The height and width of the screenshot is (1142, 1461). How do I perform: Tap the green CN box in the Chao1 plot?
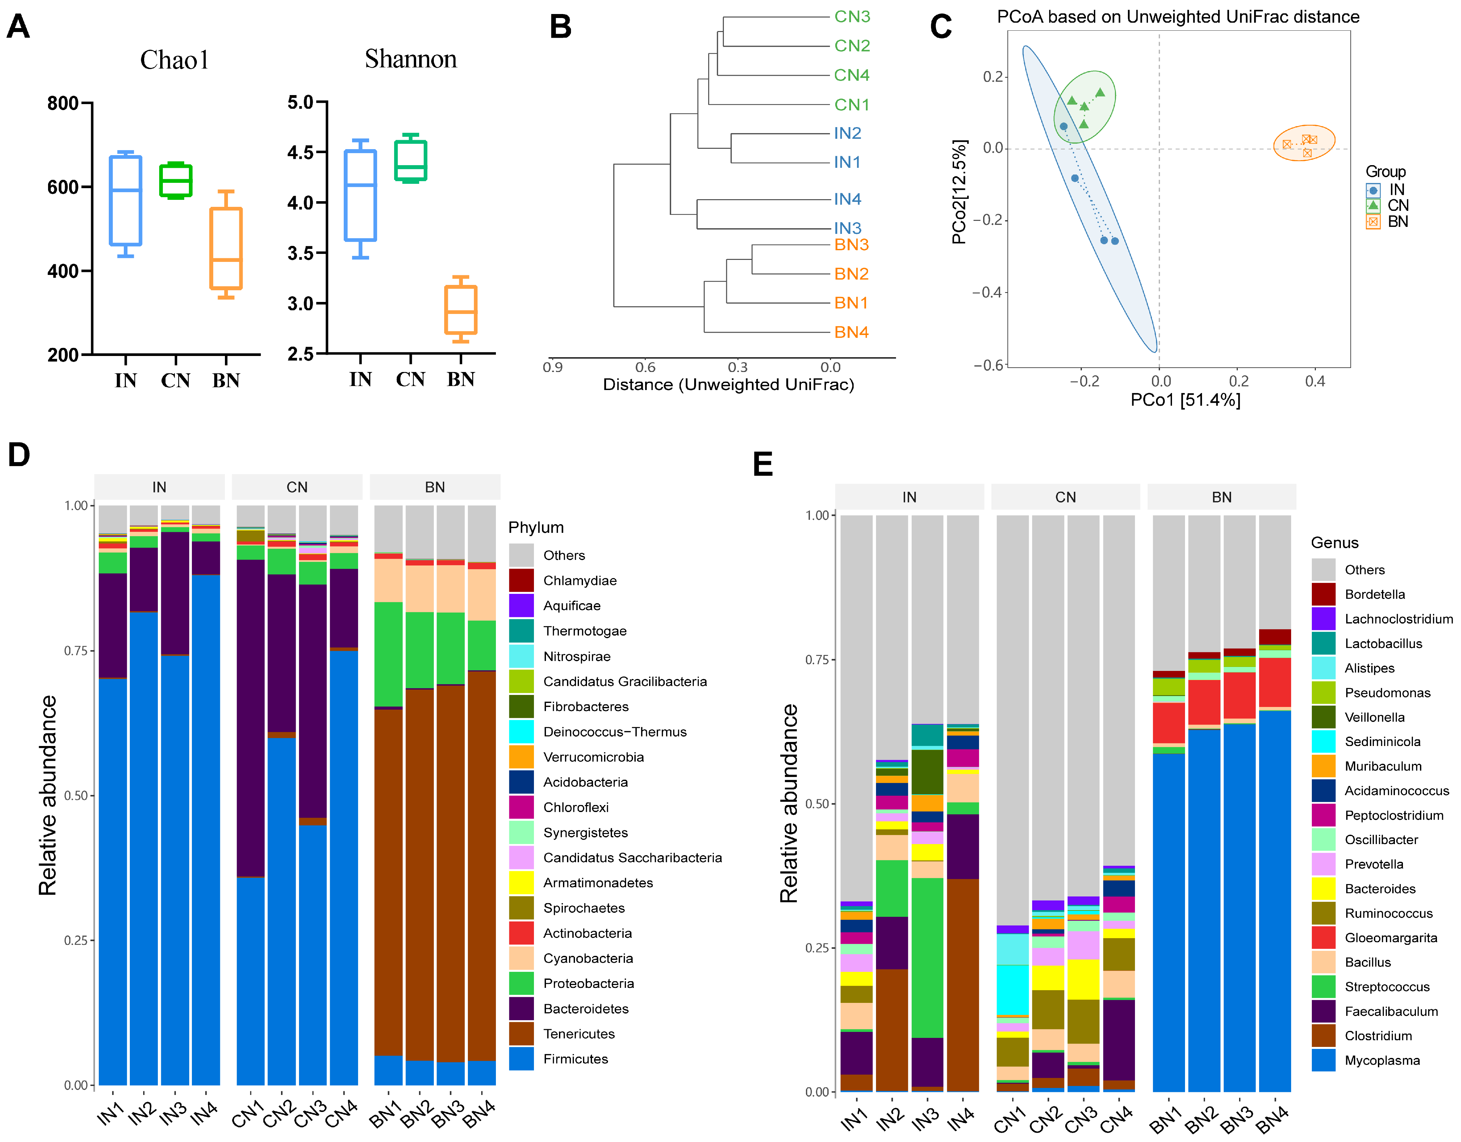(175, 180)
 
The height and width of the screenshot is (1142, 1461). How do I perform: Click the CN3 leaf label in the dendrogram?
(852, 17)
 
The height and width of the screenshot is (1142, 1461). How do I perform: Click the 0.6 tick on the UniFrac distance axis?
(645, 367)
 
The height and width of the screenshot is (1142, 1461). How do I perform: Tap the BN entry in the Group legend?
(1398, 222)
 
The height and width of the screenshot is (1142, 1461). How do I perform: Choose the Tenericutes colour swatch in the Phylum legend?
(521, 1034)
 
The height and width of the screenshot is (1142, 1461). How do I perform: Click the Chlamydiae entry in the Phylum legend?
(579, 581)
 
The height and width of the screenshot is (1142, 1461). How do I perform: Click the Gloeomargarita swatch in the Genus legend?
(1323, 937)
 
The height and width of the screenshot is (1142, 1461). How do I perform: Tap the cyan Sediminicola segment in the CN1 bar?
(1012, 990)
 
